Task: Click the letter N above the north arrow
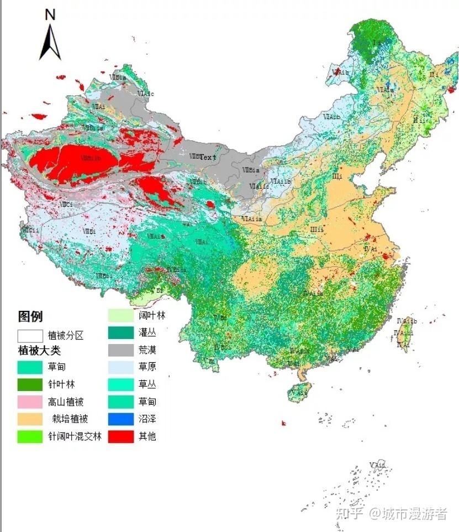point(50,15)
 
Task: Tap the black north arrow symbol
point(50,42)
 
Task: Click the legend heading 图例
point(30,317)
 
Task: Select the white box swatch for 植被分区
point(30,336)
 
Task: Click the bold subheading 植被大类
point(39,351)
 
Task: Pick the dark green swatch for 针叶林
point(30,384)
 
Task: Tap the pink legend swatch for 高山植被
point(30,401)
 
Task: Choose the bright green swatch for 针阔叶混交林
point(30,436)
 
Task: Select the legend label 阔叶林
point(152,316)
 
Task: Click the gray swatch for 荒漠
point(120,350)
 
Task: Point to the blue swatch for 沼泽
point(120,419)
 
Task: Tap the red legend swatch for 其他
point(120,436)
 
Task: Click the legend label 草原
point(147,367)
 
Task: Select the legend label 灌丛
point(147,333)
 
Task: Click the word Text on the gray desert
point(208,157)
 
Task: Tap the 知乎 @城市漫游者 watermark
point(392,514)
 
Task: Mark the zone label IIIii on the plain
point(316,230)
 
